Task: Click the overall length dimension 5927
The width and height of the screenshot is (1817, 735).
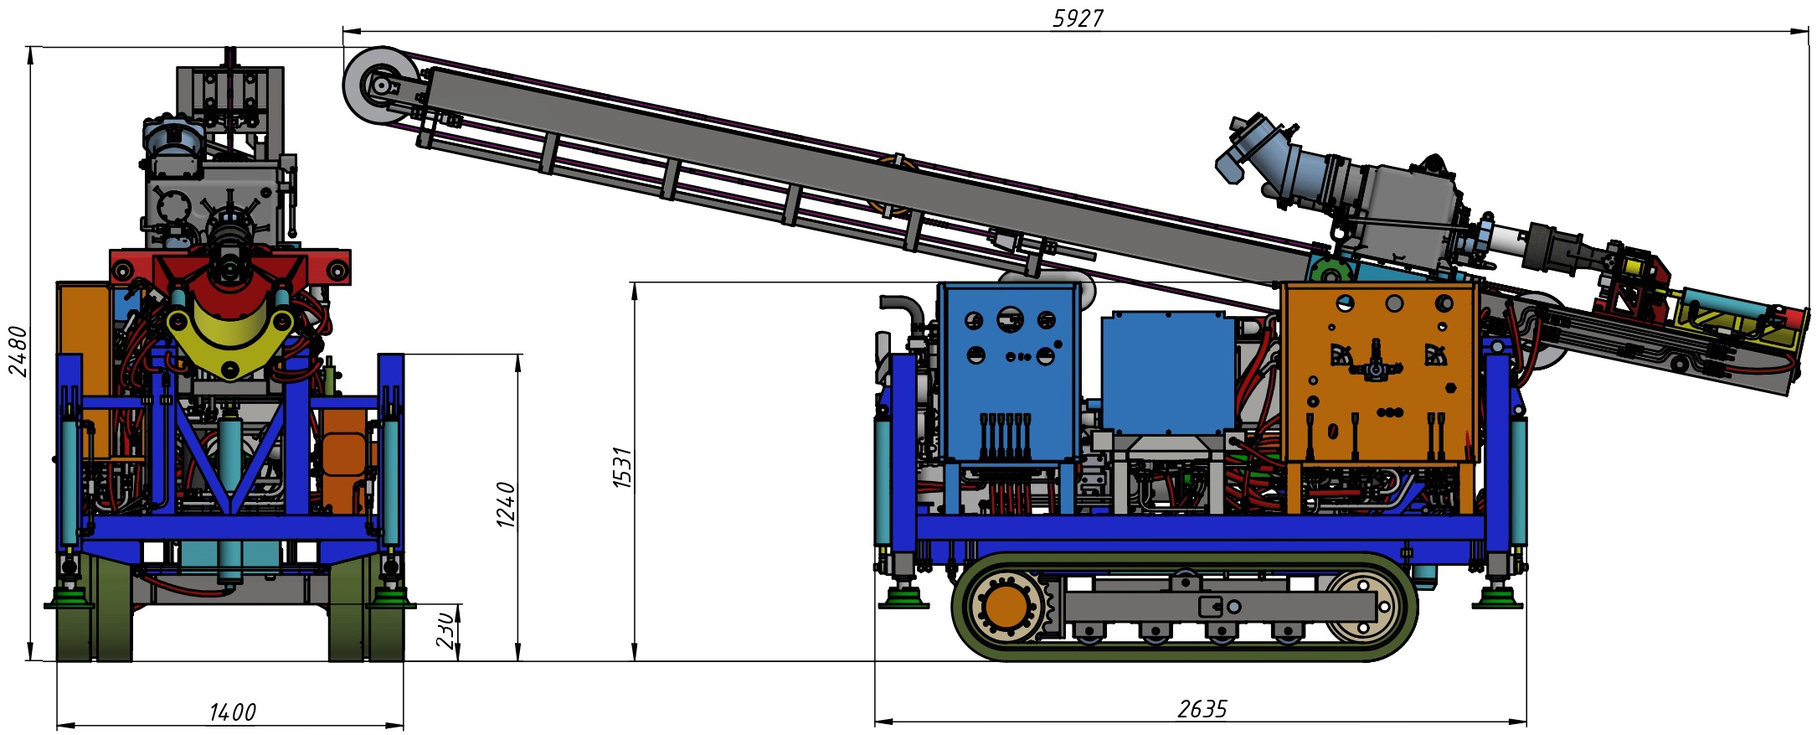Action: click(1078, 18)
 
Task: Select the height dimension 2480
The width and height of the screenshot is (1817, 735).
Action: click(18, 351)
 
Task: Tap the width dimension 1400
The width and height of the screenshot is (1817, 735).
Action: click(232, 712)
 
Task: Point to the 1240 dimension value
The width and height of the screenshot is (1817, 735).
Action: click(506, 504)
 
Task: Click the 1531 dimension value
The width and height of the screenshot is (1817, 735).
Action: click(622, 468)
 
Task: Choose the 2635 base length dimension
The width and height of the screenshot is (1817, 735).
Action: click(1202, 709)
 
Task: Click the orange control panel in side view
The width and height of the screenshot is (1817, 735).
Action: click(1378, 372)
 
